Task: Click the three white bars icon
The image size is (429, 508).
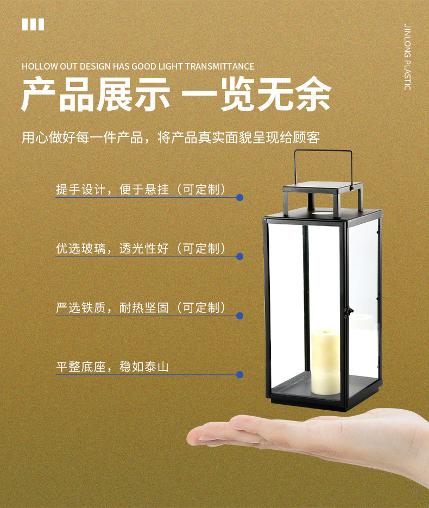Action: coord(33,24)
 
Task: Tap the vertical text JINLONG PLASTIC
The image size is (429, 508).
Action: coord(407,58)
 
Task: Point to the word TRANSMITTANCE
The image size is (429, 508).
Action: coord(219,66)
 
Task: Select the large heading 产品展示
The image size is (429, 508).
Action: coord(96,95)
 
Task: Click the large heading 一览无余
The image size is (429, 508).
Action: coord(256,95)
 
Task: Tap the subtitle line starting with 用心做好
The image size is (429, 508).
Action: coord(171,137)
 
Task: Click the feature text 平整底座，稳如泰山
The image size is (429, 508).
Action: coord(112,367)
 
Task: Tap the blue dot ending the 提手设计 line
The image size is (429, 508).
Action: coord(239,197)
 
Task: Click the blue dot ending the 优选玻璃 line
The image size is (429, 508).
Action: coord(239,256)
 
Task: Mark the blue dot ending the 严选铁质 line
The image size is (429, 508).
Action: coord(239,316)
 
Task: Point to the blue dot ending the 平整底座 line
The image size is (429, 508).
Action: coord(239,375)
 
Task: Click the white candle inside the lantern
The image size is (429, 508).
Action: coord(325,362)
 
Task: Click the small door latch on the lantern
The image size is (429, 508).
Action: coord(349,312)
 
